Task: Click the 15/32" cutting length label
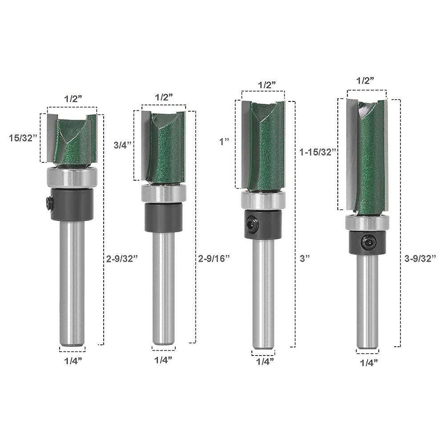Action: (23, 138)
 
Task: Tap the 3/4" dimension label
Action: (123, 145)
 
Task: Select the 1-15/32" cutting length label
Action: (318, 152)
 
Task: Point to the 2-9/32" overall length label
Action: (122, 259)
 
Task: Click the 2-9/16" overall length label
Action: (214, 258)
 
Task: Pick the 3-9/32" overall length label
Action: (420, 259)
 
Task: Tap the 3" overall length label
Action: (305, 259)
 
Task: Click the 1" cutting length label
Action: (224, 142)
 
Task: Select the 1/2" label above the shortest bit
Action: (73, 99)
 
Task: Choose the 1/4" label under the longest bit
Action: (369, 362)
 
